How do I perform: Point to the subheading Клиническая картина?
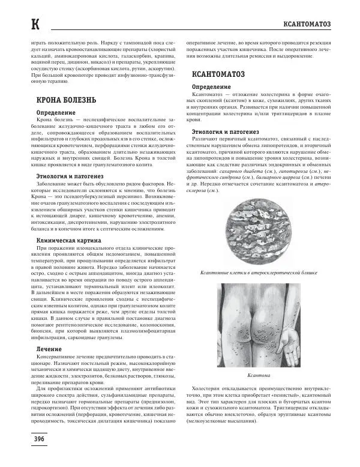64,240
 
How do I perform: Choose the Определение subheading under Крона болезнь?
55,112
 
